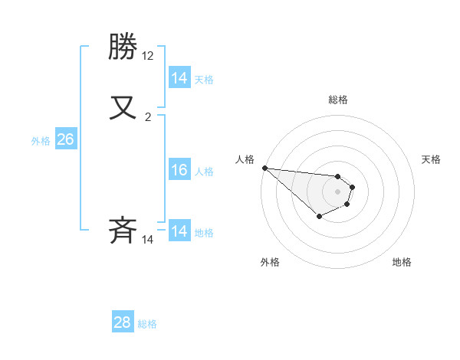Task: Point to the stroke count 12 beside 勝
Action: [148, 56]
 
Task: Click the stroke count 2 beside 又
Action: [148, 117]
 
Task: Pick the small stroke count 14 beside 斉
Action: [148, 240]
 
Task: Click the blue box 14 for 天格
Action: [179, 78]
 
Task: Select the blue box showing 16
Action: [179, 170]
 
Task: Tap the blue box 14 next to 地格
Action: [179, 231]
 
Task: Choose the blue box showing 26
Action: [66, 139]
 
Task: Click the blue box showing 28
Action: [123, 322]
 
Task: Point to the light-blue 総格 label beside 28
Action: [147, 324]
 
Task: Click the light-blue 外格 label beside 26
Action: [41, 141]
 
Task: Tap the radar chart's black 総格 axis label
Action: [337, 100]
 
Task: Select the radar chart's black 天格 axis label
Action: [432, 159]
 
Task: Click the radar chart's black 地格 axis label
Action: [402, 262]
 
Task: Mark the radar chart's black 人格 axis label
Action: [245, 159]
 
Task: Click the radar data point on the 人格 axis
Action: [264, 168]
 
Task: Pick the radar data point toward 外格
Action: [319, 217]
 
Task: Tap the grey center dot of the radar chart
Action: [337, 191]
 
